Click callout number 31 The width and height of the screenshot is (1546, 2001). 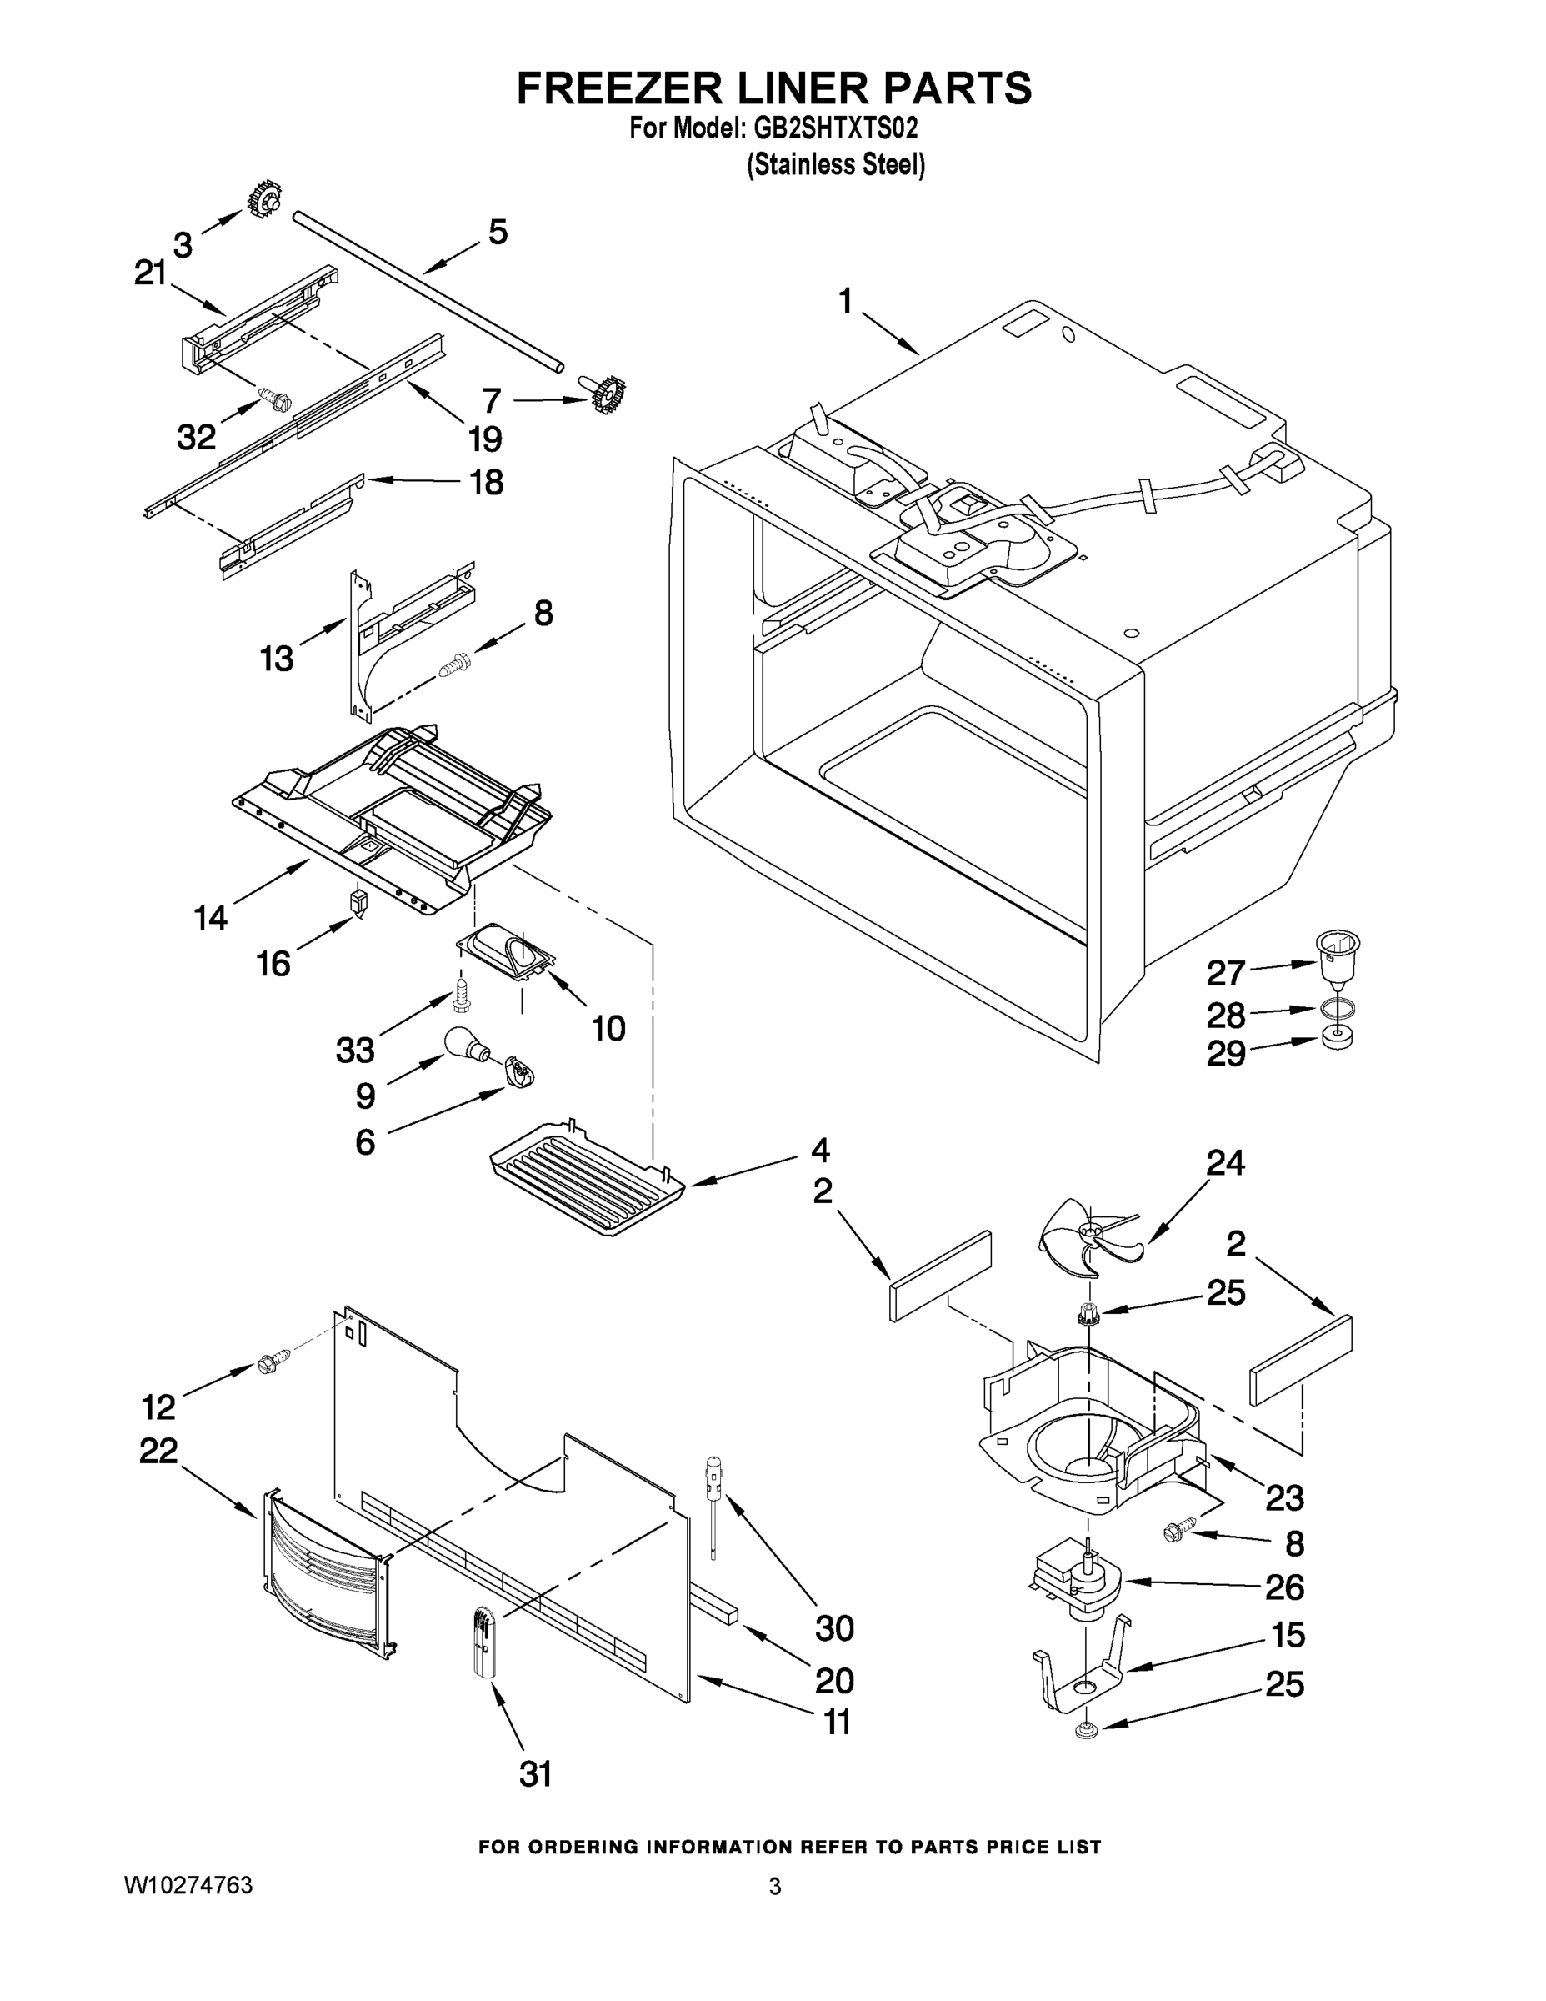coord(536,1775)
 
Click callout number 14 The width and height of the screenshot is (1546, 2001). coord(210,917)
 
